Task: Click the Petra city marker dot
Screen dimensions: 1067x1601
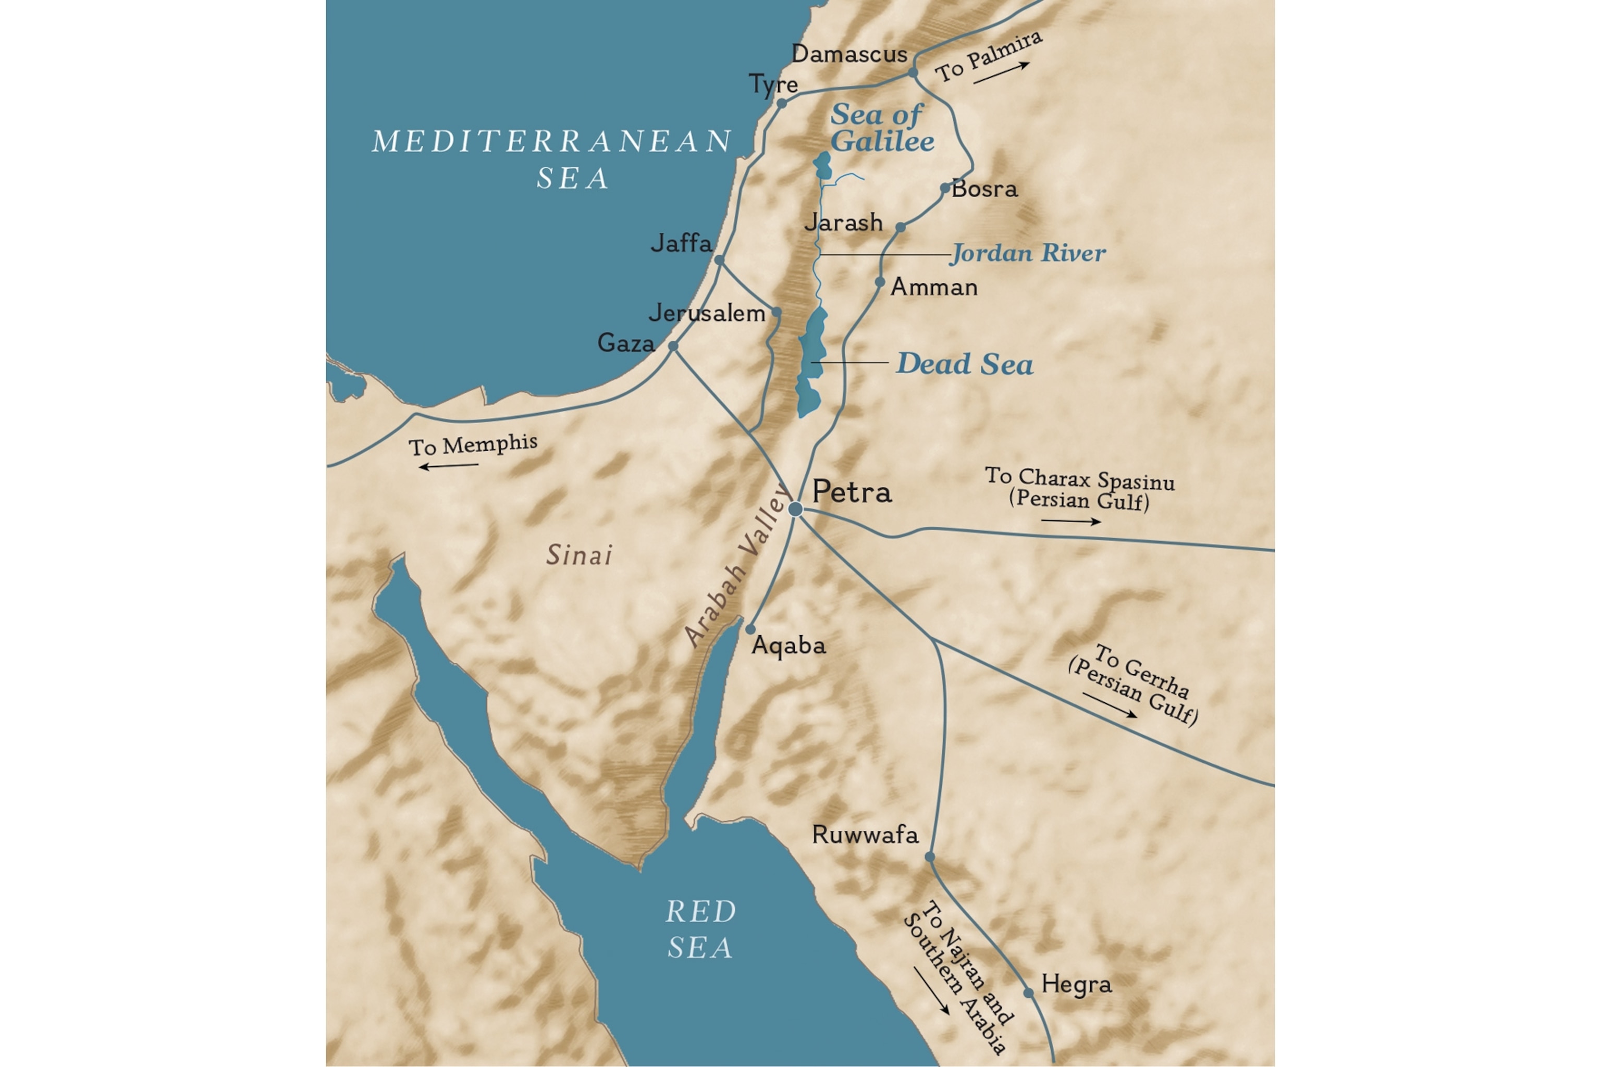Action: [795, 509]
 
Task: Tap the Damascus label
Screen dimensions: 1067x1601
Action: [849, 54]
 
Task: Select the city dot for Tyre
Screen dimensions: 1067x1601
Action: [781, 104]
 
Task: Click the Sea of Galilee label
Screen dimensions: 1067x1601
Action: [881, 128]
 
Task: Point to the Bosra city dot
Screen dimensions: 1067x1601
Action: [945, 188]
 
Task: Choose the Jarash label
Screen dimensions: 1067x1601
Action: [843, 222]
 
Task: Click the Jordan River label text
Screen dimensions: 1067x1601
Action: [1028, 253]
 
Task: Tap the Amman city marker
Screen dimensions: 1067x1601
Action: [880, 282]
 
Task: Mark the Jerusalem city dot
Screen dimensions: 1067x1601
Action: [775, 313]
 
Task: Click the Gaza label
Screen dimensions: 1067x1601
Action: [625, 342]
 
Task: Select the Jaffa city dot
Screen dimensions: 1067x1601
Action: [719, 260]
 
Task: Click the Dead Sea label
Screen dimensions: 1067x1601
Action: [964, 364]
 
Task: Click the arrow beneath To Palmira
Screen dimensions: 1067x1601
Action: [1001, 73]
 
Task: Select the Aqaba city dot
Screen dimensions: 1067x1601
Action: [750, 629]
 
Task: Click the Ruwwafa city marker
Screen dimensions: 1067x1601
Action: [930, 857]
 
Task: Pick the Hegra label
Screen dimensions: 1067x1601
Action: [1076, 984]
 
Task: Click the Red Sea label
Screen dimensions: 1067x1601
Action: [700, 929]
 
